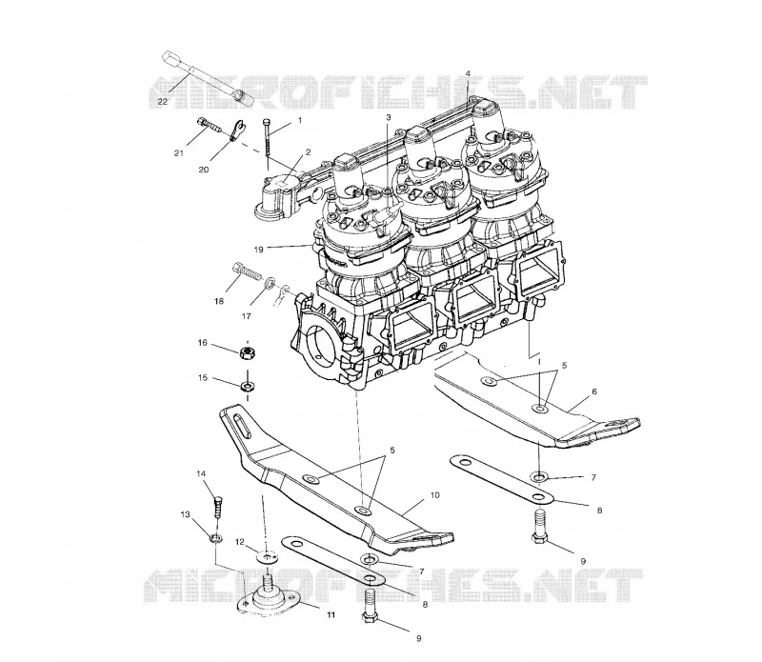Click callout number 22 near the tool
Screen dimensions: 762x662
162,102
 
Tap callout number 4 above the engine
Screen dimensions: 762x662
468,73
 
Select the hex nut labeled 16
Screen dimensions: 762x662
249,351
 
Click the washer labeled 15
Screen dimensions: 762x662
249,387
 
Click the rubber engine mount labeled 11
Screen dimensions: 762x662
268,596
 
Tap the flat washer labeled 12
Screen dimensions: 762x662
267,556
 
